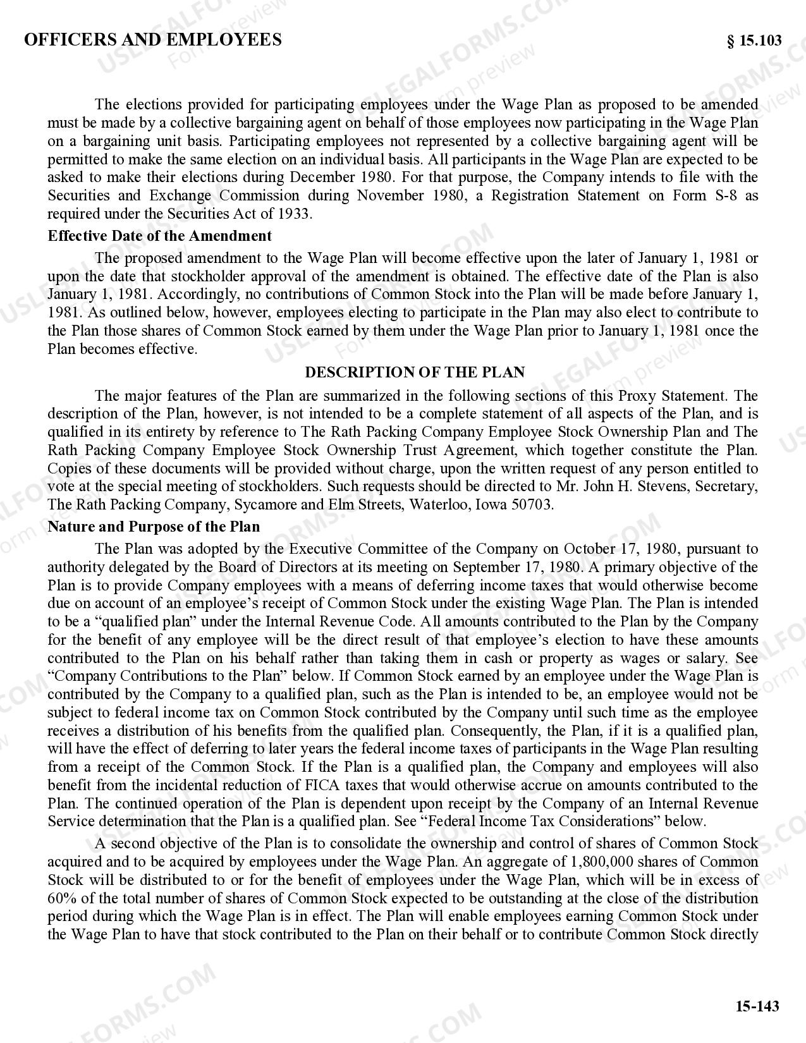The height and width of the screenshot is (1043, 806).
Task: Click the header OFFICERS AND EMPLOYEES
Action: coord(152,40)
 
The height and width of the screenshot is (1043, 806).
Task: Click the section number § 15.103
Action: coord(754,41)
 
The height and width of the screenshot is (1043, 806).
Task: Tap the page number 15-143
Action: coord(757,1006)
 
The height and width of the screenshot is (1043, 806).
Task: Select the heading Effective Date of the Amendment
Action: coord(159,236)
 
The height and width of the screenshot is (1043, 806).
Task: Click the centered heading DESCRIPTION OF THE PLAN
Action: coord(415,372)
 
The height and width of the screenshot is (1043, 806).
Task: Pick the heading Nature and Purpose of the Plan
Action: coord(154,527)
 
